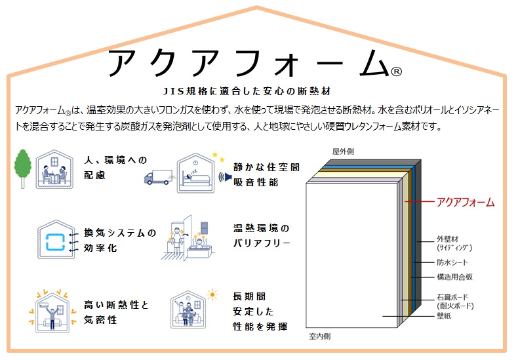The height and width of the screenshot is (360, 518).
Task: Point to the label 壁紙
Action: point(444,316)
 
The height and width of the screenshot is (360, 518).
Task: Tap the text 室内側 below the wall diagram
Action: point(319,336)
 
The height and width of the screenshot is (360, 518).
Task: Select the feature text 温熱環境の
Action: point(260,229)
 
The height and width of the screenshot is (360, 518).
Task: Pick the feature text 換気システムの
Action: point(120,233)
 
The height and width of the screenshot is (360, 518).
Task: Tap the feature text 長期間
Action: point(249,296)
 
